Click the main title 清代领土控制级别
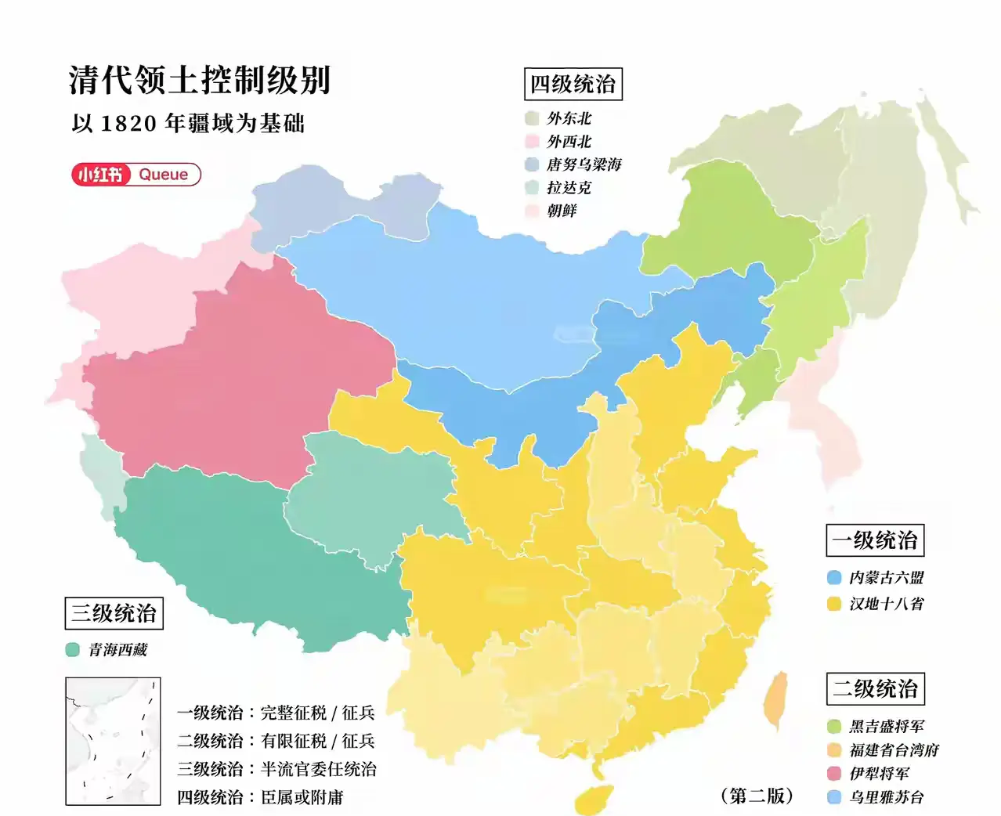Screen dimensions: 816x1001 pyautogui.click(x=200, y=80)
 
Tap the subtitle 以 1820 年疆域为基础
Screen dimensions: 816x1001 pyautogui.click(x=188, y=124)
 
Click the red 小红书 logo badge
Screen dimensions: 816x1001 pyautogui.click(x=101, y=174)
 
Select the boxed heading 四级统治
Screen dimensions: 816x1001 pyautogui.click(x=573, y=85)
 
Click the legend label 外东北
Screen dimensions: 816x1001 pyautogui.click(x=569, y=118)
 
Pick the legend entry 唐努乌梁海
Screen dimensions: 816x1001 pyautogui.click(x=584, y=164)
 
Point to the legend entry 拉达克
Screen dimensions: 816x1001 pyautogui.click(x=569, y=188)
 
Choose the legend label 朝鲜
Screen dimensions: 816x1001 pyautogui.click(x=562, y=211)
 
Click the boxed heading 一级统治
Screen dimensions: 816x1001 pyautogui.click(x=875, y=540)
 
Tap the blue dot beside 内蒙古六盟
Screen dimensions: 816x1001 pyautogui.click(x=834, y=578)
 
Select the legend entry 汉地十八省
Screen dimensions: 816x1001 pyautogui.click(x=886, y=604)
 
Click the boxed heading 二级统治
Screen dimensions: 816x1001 pyautogui.click(x=875, y=689)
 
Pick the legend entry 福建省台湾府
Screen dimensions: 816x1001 pyautogui.click(x=894, y=750)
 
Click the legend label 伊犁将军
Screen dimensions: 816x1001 pyautogui.click(x=879, y=774)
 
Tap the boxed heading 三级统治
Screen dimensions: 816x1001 pyautogui.click(x=114, y=613)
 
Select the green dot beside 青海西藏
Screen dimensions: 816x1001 pyautogui.click(x=73, y=650)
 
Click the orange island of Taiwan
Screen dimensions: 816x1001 pyautogui.click(x=775, y=699)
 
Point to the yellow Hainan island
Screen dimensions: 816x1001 pyautogui.click(x=593, y=799)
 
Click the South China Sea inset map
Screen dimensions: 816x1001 pyautogui.click(x=113, y=741)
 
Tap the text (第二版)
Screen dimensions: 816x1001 pyautogui.click(x=757, y=796)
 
